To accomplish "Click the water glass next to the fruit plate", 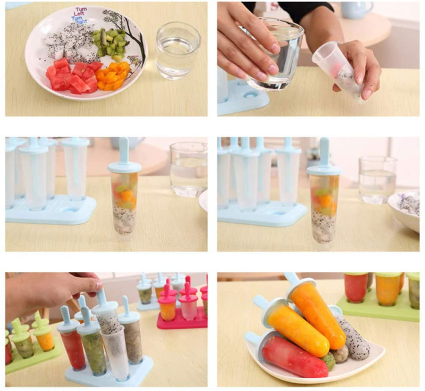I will tap(177, 50).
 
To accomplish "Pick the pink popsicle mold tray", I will tap(181, 319).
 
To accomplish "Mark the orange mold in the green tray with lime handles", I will tap(46, 340).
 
